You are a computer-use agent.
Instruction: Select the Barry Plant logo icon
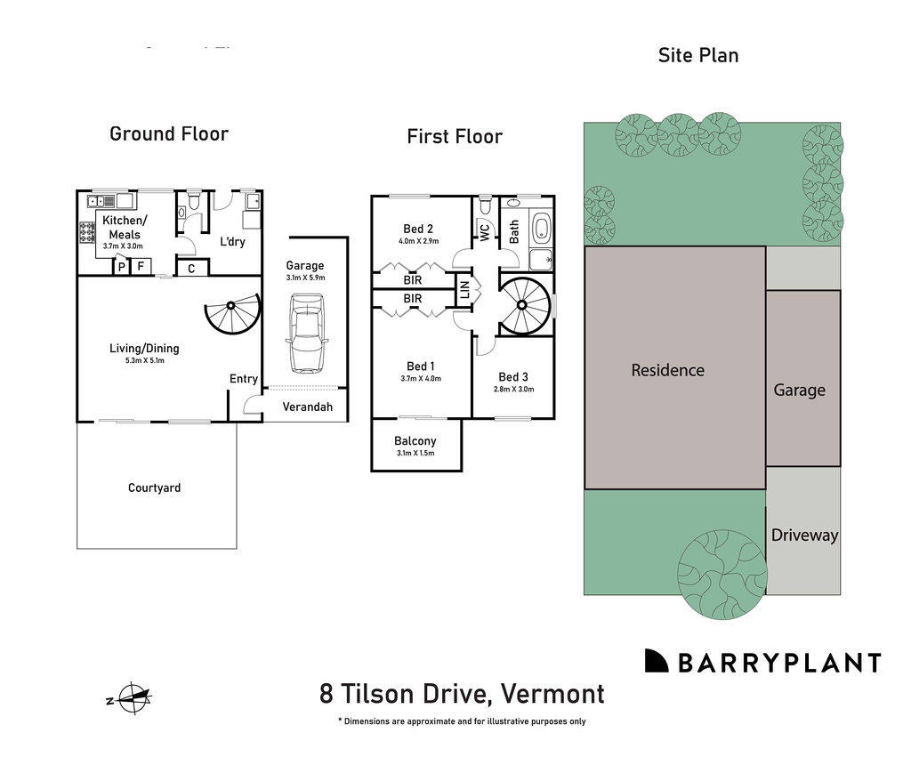click(x=657, y=661)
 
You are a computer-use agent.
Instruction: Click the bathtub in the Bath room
click(x=540, y=229)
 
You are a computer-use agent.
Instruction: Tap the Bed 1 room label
click(x=421, y=366)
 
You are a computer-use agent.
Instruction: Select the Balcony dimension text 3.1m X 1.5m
click(x=416, y=454)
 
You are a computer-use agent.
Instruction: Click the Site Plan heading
click(x=697, y=55)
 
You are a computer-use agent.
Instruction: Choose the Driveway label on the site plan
click(x=804, y=535)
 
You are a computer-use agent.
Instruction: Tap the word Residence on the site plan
click(x=667, y=370)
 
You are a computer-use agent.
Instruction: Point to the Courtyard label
click(x=154, y=487)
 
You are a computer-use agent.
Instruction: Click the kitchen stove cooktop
click(x=88, y=232)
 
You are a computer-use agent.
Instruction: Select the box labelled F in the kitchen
click(x=141, y=266)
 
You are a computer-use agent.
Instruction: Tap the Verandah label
click(x=307, y=407)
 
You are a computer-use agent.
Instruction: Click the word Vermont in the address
click(x=552, y=693)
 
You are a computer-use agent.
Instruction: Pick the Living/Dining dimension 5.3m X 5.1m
click(x=144, y=360)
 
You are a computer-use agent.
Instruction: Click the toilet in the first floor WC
click(x=485, y=206)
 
